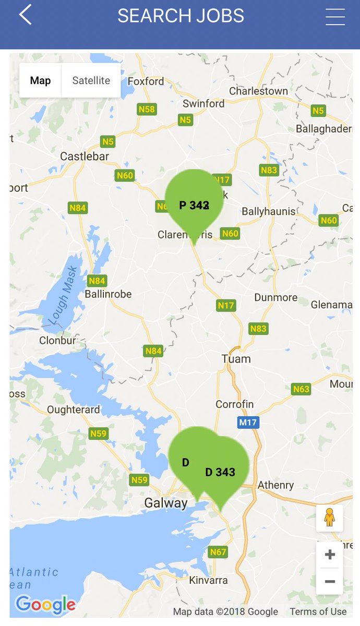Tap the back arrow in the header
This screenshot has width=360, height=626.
click(25, 15)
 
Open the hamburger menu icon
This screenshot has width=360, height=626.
click(335, 17)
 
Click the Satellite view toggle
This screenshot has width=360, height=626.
click(91, 80)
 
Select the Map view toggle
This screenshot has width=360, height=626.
click(40, 80)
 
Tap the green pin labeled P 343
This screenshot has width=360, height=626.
click(194, 203)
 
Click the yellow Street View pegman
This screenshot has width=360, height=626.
click(329, 517)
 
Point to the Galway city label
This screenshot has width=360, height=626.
click(165, 503)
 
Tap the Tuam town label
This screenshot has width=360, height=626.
click(236, 359)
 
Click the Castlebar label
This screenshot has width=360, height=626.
click(85, 156)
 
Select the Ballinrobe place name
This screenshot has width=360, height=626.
click(108, 294)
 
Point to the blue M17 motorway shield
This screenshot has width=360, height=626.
click(248, 422)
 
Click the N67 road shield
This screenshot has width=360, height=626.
click(218, 552)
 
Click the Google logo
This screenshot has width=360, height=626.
click(45, 605)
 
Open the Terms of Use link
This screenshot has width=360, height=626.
click(318, 611)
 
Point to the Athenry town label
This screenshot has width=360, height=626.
click(276, 485)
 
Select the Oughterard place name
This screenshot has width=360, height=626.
click(73, 410)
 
